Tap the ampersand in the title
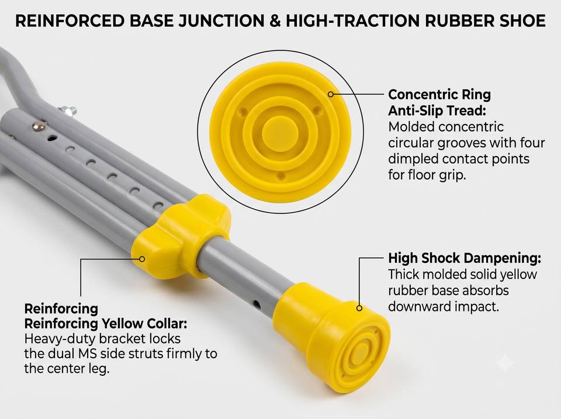coord(275,21)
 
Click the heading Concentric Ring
coord(439,95)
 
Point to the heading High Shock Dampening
coord(465,258)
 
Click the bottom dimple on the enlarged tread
coord(281,176)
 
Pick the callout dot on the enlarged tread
coord(331,94)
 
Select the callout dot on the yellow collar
coord(142,259)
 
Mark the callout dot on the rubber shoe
coord(359,308)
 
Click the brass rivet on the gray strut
coord(39,126)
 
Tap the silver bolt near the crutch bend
coord(68,110)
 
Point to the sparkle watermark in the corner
coord(505,363)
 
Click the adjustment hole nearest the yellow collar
coord(158,206)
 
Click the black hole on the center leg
coord(257,305)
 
